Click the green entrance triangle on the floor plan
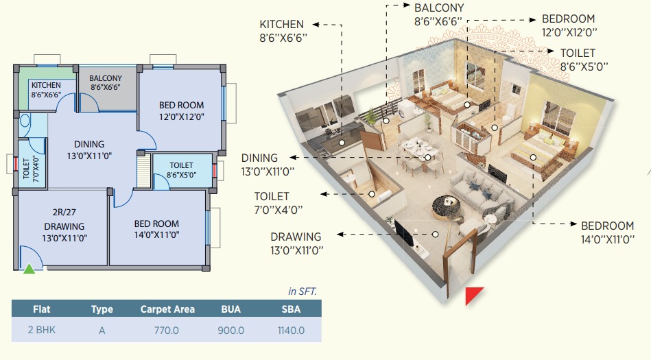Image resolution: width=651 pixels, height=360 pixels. pyautogui.click(x=29, y=269)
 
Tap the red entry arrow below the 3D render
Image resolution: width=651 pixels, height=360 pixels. pyautogui.click(x=473, y=294)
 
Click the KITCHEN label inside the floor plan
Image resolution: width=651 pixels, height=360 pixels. pyautogui.click(x=46, y=85)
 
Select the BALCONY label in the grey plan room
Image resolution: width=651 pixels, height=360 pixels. pyautogui.click(x=106, y=78)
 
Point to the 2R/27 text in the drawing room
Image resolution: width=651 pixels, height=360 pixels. pyautogui.click(x=64, y=212)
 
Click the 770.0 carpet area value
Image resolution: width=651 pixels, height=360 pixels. pyautogui.click(x=167, y=331)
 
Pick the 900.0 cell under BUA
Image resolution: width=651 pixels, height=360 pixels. pyautogui.click(x=231, y=331)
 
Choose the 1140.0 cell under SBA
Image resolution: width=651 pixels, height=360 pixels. pyautogui.click(x=291, y=331)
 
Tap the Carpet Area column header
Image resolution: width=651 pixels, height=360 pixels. pyautogui.click(x=167, y=309)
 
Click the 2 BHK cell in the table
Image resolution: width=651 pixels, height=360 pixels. pyautogui.click(x=42, y=330)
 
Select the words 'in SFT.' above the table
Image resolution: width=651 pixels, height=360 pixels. pyautogui.click(x=303, y=291)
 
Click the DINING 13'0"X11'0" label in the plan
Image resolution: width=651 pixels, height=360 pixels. pyautogui.click(x=89, y=150)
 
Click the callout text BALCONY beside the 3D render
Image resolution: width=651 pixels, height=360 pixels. pyautogui.click(x=439, y=8)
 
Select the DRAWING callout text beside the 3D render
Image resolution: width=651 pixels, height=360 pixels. pyautogui.click(x=296, y=237)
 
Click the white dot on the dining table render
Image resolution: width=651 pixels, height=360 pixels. pyautogui.click(x=427, y=157)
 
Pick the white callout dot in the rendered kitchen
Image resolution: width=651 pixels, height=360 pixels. pyautogui.click(x=342, y=143)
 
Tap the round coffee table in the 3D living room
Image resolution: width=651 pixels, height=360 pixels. pyautogui.click(x=447, y=208)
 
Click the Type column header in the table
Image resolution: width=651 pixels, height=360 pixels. pyautogui.click(x=102, y=309)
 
